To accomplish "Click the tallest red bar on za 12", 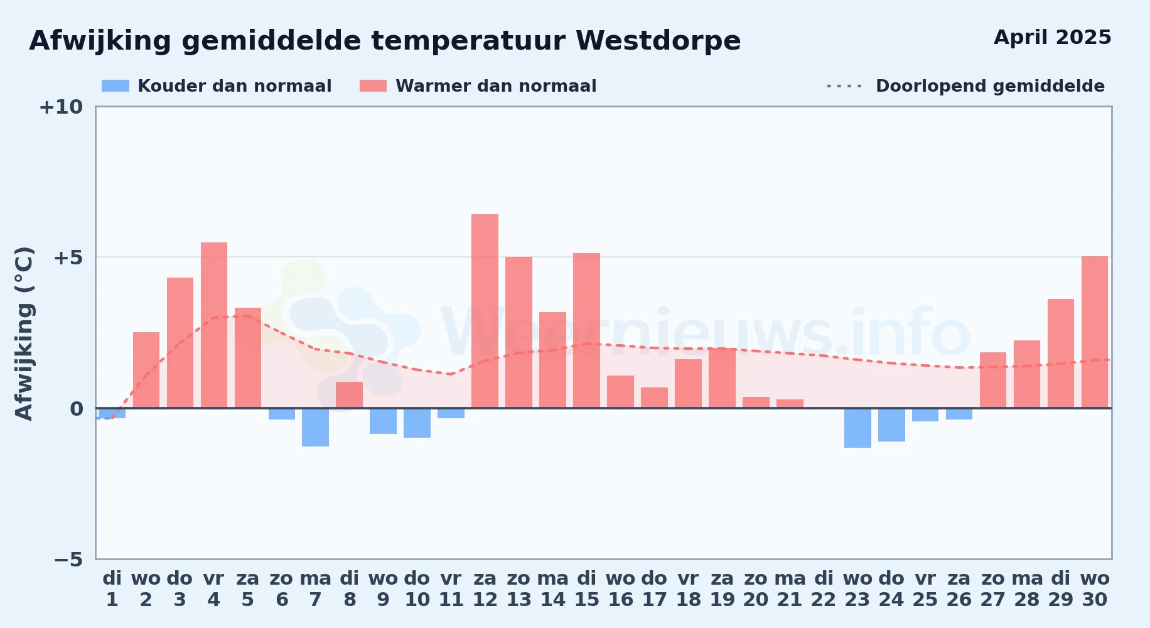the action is (485, 311).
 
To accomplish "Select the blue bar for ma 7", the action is (315, 427).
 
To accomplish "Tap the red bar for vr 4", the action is (214, 325).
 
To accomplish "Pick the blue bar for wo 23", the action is (857, 428).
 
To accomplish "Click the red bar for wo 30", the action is (1095, 332).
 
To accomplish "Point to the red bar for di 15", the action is (586, 330).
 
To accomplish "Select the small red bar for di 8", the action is (349, 395).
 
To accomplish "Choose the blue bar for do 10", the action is (417, 423).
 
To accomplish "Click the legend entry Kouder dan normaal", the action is (217, 86).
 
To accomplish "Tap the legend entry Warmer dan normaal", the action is (478, 86).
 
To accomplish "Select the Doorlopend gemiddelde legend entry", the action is (965, 86).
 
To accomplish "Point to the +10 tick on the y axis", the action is (61, 107).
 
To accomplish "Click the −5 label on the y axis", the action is (68, 559).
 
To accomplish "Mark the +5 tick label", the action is (68, 257).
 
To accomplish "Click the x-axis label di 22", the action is (824, 589).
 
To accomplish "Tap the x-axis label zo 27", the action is (993, 589).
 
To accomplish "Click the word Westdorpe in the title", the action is (658, 41).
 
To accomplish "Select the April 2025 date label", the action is (1053, 37).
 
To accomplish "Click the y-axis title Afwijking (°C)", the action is (24, 333).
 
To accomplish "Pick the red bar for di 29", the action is (1061, 354).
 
